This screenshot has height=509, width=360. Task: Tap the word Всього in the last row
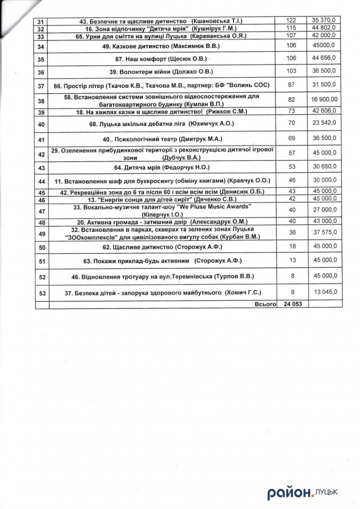pos(265,304)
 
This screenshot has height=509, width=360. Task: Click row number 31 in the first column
pos(40,21)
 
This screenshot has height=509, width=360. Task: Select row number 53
pos(40,292)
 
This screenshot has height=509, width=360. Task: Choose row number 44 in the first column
pos(40,181)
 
